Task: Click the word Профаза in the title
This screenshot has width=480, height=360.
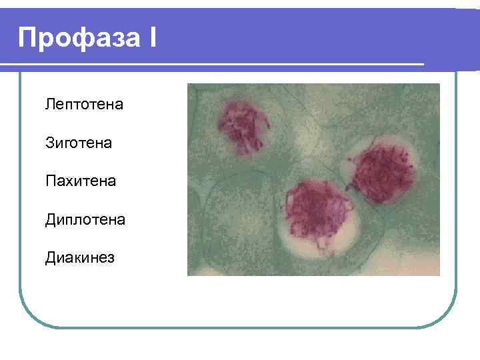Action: pos(79,38)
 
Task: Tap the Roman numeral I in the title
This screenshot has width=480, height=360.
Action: pos(153,38)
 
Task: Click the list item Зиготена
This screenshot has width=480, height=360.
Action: pos(79,142)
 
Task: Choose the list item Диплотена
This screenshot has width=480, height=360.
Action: pos(85,219)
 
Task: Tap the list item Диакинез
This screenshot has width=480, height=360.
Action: pos(80,257)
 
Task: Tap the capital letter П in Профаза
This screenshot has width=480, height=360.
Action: pos(29,38)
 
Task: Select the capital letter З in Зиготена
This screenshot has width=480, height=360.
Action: pos(49,142)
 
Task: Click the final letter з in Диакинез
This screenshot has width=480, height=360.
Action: pos(111,257)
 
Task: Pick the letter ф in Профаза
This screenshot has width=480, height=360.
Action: pos(79,39)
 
